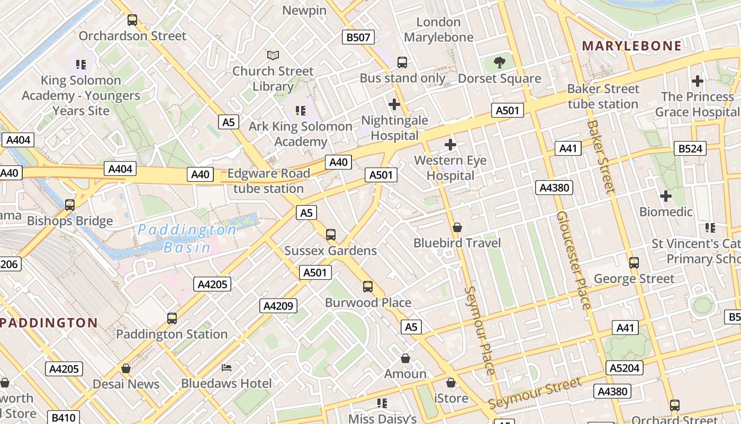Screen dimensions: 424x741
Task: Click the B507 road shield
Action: tap(358, 37)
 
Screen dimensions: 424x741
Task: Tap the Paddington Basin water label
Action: tap(187, 238)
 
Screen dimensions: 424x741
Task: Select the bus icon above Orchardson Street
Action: tap(132, 20)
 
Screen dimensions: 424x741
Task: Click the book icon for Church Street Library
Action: tap(273, 55)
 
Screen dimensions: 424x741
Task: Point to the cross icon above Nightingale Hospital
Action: tap(394, 104)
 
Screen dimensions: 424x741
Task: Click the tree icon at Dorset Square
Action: tap(499, 63)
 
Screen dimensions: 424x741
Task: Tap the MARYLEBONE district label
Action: tap(631, 46)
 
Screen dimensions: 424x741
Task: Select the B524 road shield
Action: tap(690, 148)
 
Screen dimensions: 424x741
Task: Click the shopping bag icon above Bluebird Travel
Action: tap(457, 227)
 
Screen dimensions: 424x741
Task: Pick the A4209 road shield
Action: tap(278, 306)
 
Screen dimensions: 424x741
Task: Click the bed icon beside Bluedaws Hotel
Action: tap(227, 367)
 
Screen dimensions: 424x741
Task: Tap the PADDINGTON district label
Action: tap(49, 323)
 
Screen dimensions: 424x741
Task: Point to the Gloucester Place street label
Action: tap(573, 260)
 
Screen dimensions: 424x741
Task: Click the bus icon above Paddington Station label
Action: tap(172, 318)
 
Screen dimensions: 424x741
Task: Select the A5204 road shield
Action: tap(625, 368)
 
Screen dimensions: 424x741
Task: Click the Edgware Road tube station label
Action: tap(268, 181)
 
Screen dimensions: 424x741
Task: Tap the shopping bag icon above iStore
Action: tap(451, 383)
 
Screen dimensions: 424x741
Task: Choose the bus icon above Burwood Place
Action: tap(368, 287)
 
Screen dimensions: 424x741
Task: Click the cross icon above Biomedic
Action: tap(665, 197)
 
